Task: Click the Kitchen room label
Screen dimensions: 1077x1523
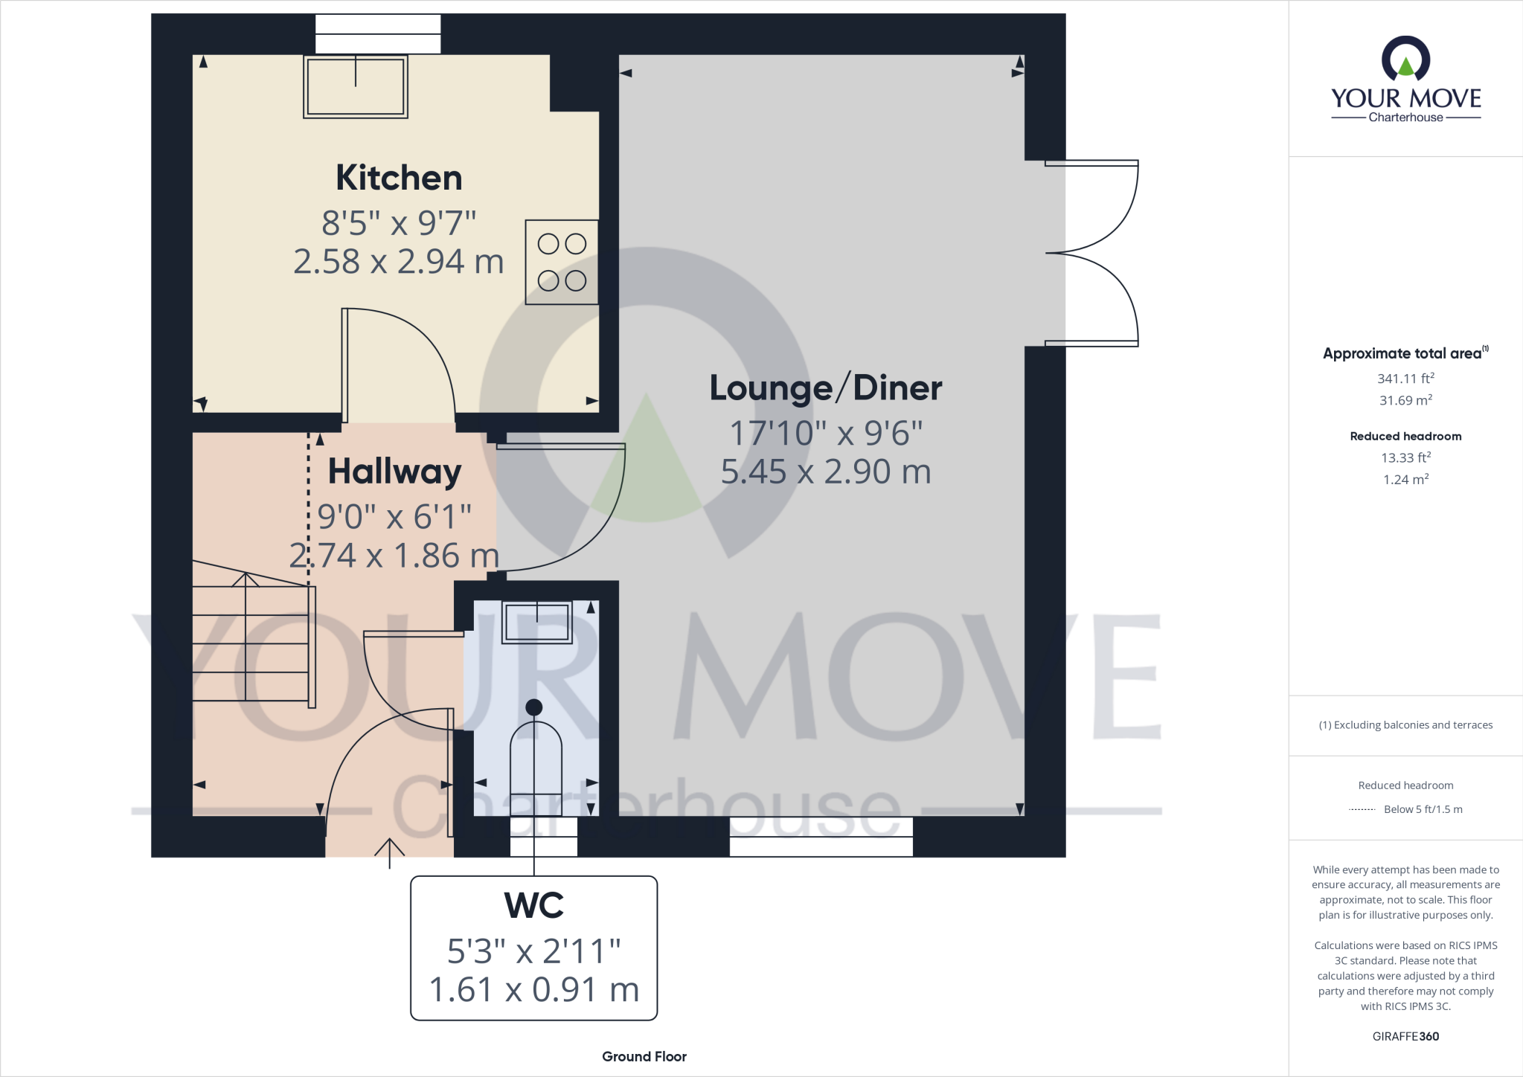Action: click(399, 178)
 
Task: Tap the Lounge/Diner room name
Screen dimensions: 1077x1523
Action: click(825, 388)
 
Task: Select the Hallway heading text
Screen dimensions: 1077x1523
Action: click(394, 472)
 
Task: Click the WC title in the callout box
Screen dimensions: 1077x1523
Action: click(534, 905)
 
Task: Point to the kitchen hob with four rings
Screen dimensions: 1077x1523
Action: click(562, 262)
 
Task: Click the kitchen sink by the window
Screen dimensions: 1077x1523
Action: click(356, 86)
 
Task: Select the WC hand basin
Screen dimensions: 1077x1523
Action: click(537, 622)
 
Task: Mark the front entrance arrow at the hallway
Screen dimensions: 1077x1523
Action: click(389, 852)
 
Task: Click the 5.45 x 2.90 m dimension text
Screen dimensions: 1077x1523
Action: click(826, 472)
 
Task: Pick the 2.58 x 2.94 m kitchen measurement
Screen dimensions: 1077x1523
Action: click(399, 262)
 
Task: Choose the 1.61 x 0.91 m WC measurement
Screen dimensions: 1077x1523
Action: click(534, 990)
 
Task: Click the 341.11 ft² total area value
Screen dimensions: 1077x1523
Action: click(1405, 379)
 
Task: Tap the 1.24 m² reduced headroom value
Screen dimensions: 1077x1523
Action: click(1405, 480)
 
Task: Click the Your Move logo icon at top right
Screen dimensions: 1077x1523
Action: click(1405, 60)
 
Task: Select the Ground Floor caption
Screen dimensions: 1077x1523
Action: click(644, 1056)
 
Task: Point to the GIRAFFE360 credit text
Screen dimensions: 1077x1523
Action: click(1405, 1036)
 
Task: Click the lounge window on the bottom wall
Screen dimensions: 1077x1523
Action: click(821, 837)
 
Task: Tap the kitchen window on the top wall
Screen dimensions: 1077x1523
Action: click(378, 34)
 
